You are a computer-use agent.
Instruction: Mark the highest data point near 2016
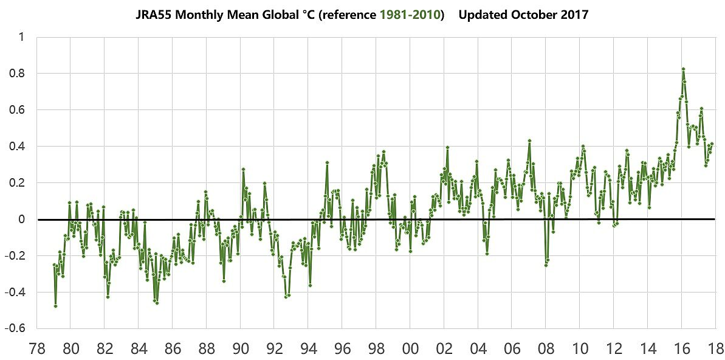coord(683,69)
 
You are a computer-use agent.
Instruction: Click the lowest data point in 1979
coord(55,306)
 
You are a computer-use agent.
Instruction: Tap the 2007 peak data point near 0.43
coord(530,141)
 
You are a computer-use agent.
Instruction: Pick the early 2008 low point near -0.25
coord(546,265)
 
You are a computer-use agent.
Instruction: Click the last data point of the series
coord(712,144)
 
